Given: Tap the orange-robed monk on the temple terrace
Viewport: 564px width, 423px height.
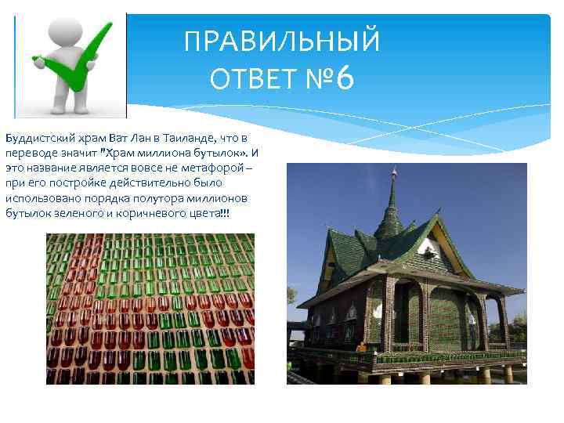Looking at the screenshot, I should (360, 345).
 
